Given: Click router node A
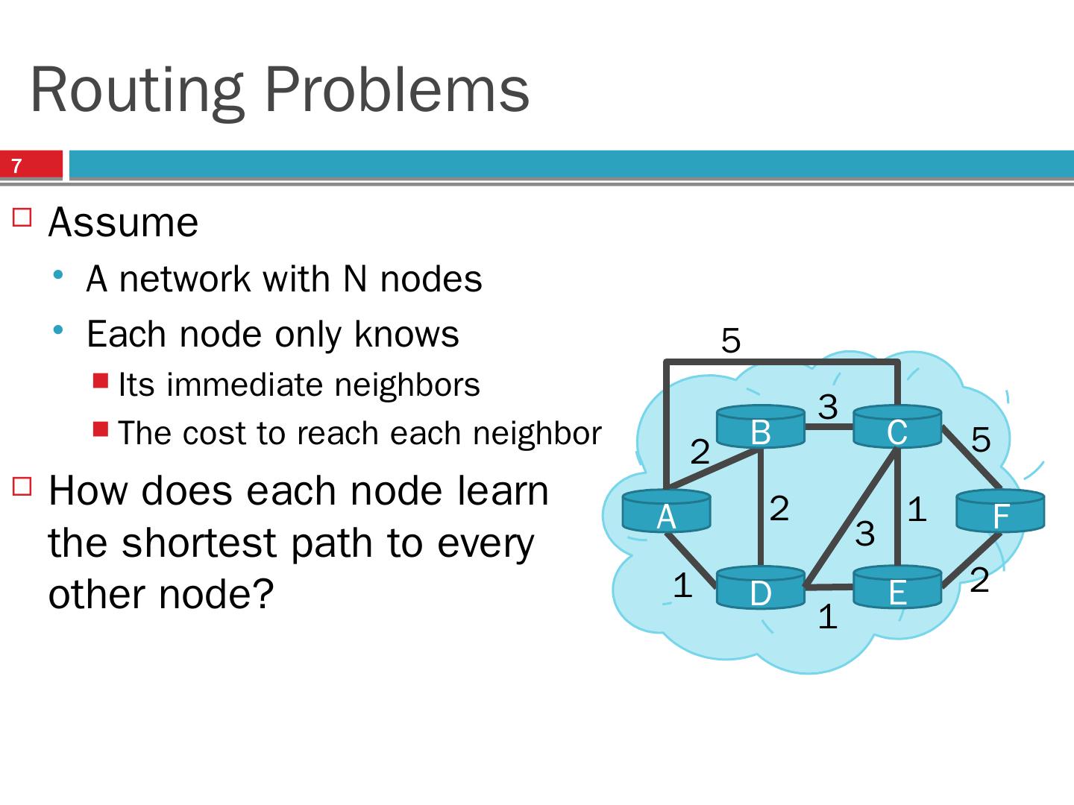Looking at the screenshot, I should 666,511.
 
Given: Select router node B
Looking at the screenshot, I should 760,427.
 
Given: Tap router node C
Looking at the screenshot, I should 896,427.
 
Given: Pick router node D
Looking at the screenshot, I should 760,588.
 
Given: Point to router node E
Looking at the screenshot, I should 896,588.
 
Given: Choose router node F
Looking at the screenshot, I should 1000,512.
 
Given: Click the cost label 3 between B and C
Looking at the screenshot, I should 828,407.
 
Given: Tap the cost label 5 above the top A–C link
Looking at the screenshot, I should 731,341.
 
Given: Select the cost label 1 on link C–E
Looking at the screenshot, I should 917,510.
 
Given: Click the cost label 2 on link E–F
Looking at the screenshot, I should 979,581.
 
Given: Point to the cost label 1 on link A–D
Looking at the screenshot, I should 682,586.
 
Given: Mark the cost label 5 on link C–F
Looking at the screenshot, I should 981,440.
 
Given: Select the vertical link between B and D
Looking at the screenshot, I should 760,507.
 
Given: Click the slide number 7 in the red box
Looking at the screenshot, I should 17,165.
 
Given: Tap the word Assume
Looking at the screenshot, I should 123,222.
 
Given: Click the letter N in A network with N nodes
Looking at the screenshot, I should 354,280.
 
